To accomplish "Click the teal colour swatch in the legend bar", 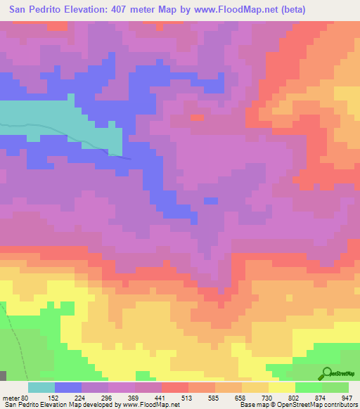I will [41, 387].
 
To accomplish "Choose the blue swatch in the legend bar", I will [68, 387].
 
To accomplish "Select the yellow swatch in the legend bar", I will [282, 387].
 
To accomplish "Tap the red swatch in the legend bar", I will [175, 387].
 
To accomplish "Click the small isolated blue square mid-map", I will [210, 201].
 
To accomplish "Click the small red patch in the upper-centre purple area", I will [198, 117].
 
